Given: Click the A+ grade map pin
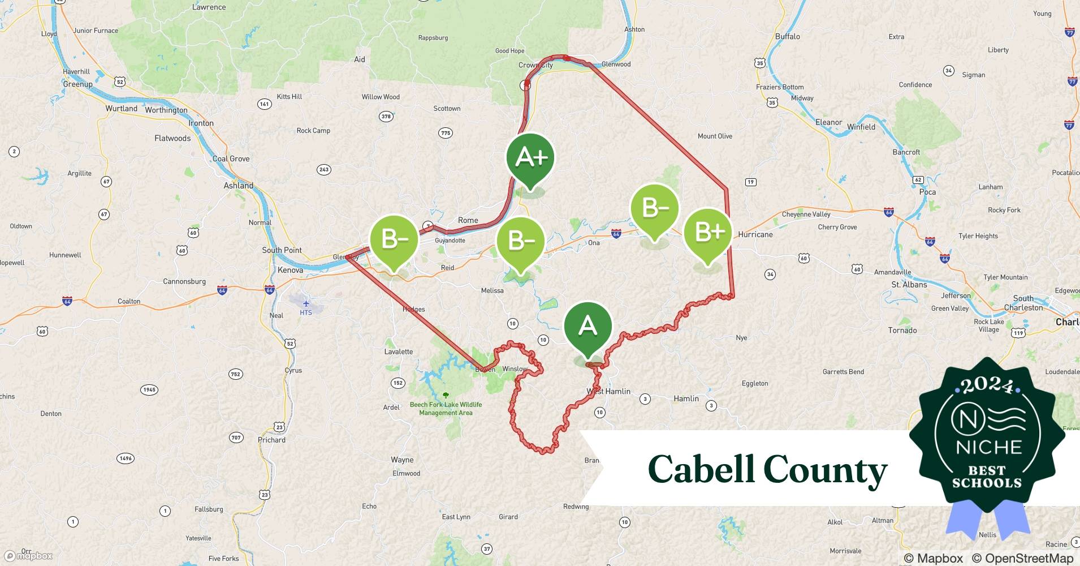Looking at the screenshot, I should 530,158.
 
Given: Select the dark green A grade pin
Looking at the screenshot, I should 588,327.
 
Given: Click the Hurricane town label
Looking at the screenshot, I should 755,234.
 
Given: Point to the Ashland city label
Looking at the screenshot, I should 238,186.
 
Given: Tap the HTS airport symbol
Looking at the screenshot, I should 306,304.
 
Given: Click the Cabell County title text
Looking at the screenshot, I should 767,469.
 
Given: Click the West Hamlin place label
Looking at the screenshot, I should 608,391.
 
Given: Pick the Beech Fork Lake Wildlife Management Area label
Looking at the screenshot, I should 446,409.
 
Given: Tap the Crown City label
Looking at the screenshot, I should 535,65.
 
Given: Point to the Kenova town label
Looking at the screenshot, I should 290,270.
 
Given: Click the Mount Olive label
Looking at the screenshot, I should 715,136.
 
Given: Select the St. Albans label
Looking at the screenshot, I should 909,285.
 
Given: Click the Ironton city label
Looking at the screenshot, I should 201,123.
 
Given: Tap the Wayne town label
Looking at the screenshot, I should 402,460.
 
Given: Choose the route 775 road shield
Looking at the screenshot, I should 446,133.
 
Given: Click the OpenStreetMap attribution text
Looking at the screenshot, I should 1022,558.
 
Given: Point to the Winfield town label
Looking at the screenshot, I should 861,127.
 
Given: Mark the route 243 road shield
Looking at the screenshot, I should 324,169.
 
